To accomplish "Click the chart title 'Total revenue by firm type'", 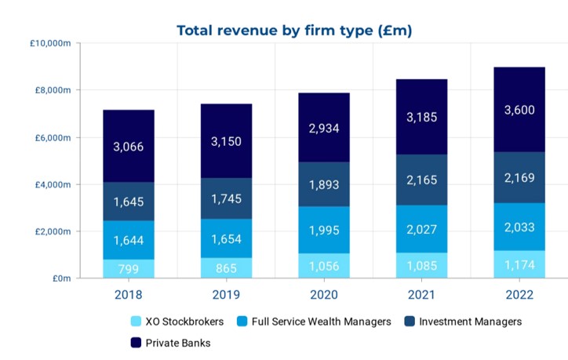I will [x=294, y=31].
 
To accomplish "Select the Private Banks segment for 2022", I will [x=519, y=110].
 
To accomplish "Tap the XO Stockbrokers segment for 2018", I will [x=129, y=269].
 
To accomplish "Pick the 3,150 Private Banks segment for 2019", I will [x=226, y=141].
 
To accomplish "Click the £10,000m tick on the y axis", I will [x=50, y=43].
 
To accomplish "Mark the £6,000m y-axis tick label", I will [x=53, y=137].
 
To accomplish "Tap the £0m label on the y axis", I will [x=60, y=278].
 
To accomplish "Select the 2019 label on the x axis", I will [x=226, y=296].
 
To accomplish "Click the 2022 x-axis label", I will [x=519, y=296].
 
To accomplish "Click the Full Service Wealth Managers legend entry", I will [x=315, y=321].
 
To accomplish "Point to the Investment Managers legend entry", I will [x=464, y=321].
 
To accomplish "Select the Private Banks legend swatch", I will [x=136, y=343].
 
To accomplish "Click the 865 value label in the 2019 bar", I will [x=226, y=268].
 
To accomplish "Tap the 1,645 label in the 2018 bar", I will [x=129, y=202].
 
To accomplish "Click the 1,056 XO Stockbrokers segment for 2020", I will [x=324, y=266].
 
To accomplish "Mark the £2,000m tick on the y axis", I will [x=53, y=231].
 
